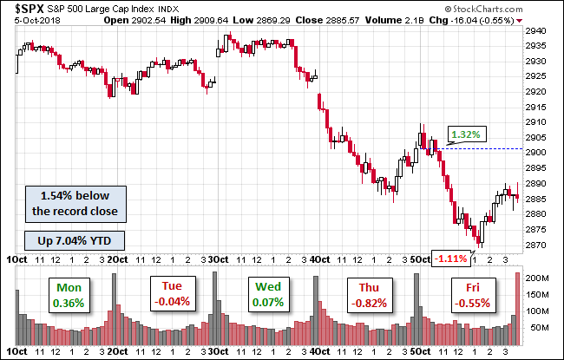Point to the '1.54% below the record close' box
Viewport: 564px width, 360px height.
(x=74, y=202)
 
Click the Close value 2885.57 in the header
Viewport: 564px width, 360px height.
(x=358, y=18)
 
